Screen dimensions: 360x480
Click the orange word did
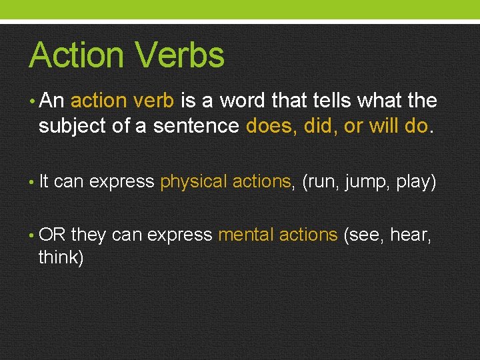click(x=320, y=125)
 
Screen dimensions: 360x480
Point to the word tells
click(x=336, y=101)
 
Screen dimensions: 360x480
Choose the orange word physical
click(x=193, y=181)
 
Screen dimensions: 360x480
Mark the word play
click(x=414, y=181)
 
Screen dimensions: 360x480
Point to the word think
click(x=59, y=257)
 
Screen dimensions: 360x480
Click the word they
click(x=89, y=235)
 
